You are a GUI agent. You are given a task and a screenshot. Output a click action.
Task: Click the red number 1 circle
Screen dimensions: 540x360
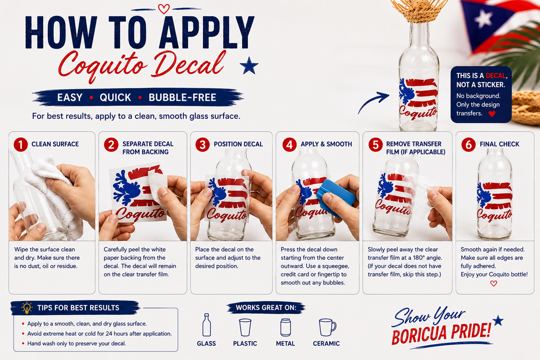click(21, 144)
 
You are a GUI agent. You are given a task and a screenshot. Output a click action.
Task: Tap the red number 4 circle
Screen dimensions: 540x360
click(290, 144)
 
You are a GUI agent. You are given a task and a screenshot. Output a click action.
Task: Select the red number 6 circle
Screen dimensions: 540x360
click(469, 144)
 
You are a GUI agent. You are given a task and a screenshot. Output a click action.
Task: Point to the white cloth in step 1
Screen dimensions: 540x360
click(55, 193)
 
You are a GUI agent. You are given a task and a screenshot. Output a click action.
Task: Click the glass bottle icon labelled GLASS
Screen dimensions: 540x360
click(207, 325)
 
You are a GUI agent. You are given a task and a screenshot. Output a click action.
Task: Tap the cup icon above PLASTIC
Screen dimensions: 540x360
click(245, 327)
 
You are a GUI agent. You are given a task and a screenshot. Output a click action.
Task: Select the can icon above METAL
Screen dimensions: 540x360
click(285, 327)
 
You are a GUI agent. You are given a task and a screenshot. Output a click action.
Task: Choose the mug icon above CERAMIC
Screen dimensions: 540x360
click(327, 327)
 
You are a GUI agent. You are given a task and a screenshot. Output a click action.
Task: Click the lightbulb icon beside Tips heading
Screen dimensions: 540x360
click(26, 308)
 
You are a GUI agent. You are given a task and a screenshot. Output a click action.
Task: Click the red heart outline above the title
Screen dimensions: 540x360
click(163, 8)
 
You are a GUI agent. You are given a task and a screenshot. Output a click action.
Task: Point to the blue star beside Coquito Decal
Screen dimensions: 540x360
click(249, 66)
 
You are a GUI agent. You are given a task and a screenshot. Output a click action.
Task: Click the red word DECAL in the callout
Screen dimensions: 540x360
click(496, 76)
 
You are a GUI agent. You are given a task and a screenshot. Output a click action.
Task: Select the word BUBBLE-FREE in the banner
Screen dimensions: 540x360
click(182, 98)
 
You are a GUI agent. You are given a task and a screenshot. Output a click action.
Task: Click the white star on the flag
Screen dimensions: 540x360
click(484, 18)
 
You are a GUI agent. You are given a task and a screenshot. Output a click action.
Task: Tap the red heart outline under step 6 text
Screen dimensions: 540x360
click(494, 284)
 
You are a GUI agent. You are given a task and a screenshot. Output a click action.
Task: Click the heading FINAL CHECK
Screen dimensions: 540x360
click(499, 144)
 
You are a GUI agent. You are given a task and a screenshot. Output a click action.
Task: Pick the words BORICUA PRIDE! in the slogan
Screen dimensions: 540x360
click(441, 333)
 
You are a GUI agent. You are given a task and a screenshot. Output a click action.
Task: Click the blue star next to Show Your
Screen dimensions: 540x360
click(498, 320)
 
